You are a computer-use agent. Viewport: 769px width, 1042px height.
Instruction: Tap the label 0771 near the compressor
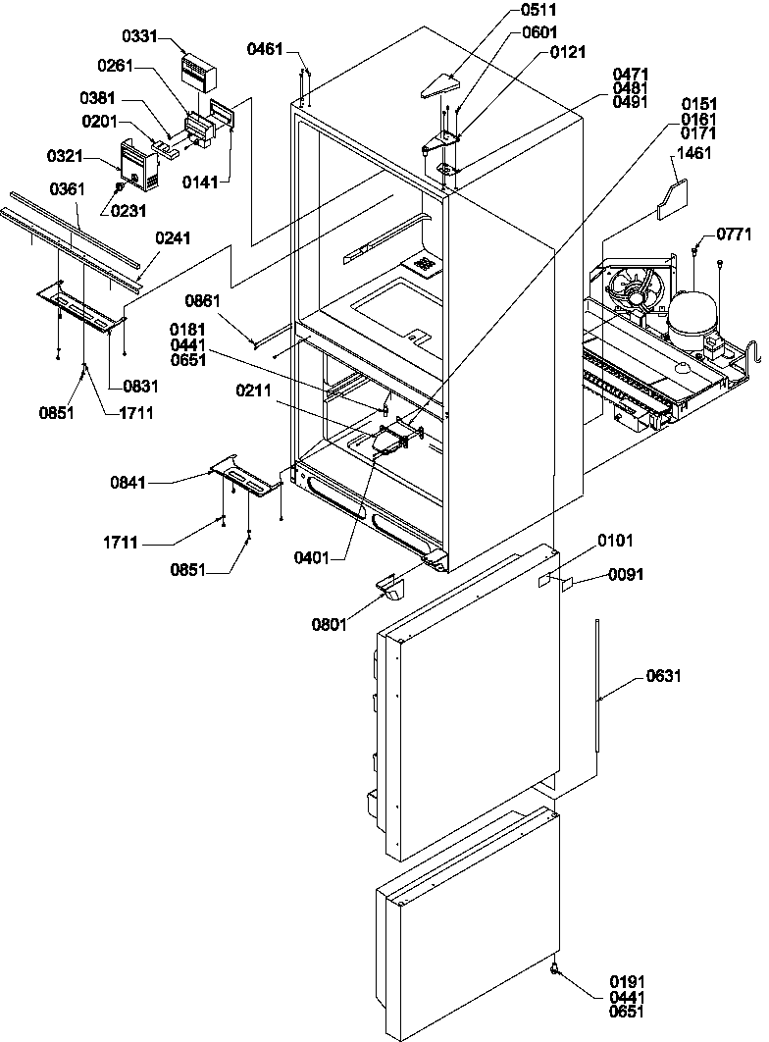tap(733, 233)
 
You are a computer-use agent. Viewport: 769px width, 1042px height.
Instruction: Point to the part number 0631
tap(664, 676)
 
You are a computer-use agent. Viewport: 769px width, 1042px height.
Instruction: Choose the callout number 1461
tap(694, 154)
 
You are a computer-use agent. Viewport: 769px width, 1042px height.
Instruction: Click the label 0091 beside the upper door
tap(626, 575)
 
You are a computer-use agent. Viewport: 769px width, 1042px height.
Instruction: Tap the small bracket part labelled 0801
tap(394, 588)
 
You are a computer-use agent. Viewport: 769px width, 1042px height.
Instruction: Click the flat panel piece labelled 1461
tap(673, 200)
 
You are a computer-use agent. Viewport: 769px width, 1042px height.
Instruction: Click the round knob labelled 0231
tap(120, 184)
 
